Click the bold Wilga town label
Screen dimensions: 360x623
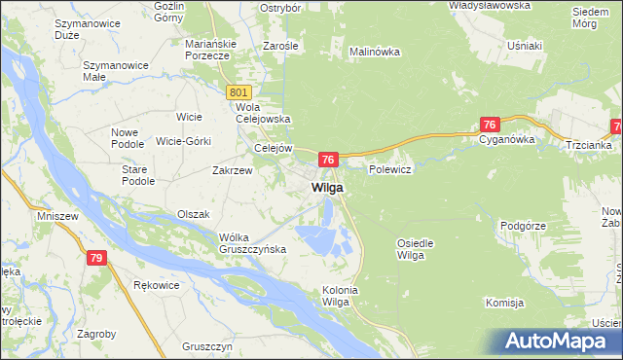327,187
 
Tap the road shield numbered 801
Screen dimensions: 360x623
241,91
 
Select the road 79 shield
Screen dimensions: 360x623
95,258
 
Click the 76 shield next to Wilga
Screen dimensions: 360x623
329,160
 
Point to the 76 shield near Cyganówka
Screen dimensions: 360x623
490,125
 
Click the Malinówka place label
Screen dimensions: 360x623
375,52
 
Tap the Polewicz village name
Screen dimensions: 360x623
391,169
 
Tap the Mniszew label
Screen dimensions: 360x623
55,215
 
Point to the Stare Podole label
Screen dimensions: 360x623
138,175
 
